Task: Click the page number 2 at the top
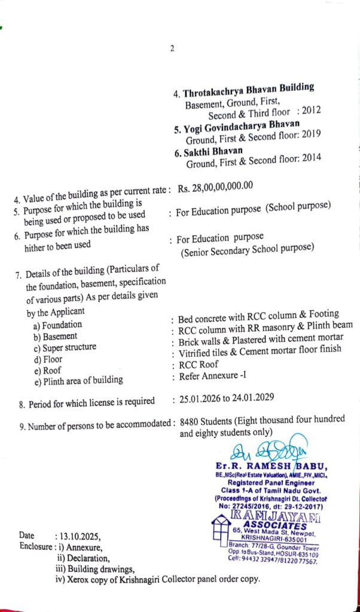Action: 172,49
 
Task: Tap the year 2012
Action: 312,111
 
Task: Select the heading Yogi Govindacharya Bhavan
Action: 241,126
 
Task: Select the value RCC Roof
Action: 199,364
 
